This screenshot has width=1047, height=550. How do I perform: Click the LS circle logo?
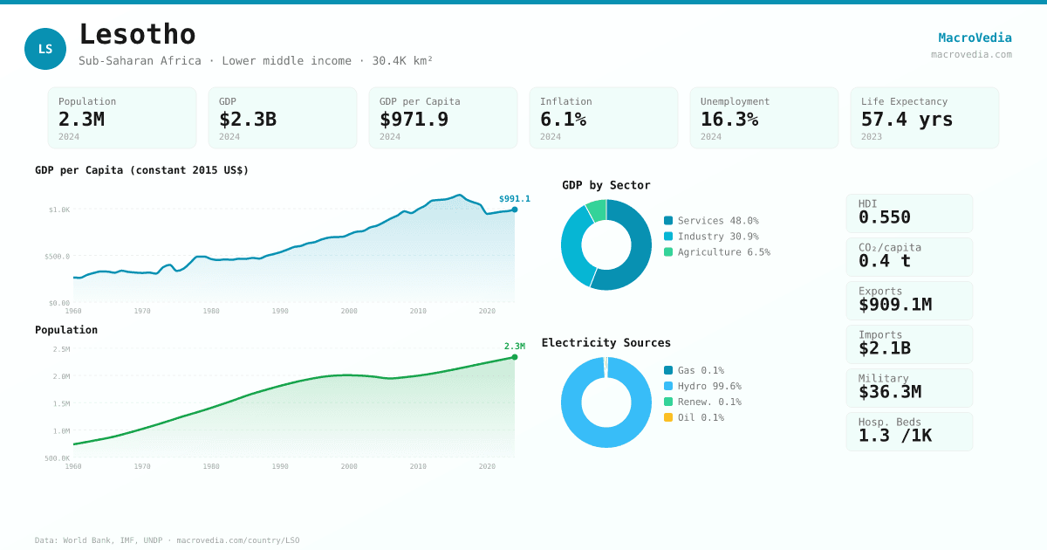(x=45, y=49)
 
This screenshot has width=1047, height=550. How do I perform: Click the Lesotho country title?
(x=137, y=34)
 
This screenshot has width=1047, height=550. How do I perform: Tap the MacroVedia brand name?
(x=975, y=38)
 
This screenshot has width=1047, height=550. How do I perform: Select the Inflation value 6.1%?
(x=563, y=119)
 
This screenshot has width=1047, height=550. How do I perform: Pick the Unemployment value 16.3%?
(x=729, y=119)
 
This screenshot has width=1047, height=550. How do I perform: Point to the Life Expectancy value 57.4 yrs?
(x=907, y=119)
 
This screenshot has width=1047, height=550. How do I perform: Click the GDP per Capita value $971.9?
(x=414, y=119)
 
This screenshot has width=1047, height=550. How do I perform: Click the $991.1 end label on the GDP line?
(x=514, y=199)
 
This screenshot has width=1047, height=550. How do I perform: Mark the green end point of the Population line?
(x=515, y=357)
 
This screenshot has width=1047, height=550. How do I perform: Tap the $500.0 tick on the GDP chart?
(x=57, y=257)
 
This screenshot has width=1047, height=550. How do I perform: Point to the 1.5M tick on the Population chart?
(x=61, y=403)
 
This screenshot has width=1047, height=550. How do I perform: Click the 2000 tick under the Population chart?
(x=349, y=466)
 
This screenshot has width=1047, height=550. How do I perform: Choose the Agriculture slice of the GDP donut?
(x=597, y=210)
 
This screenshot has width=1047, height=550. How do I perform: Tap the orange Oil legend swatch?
(x=668, y=417)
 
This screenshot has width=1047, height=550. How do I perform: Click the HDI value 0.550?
(x=884, y=217)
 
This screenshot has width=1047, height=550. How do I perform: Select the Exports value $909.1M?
(x=894, y=305)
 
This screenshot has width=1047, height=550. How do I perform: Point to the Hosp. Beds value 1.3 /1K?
(x=894, y=435)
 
